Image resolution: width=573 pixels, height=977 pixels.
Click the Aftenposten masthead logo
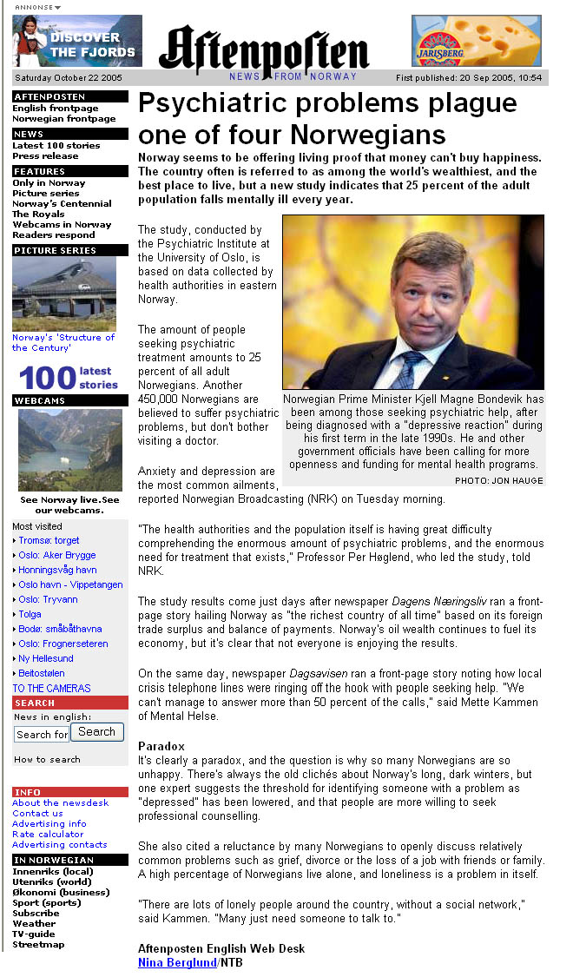click(263, 50)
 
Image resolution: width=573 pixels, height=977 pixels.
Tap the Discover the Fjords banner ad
click(77, 41)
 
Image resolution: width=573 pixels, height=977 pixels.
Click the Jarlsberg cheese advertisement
click(476, 41)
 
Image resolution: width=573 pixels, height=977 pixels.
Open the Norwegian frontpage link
click(63, 119)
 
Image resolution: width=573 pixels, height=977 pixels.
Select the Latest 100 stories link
click(56, 146)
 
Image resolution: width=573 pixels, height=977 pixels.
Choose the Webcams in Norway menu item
click(62, 225)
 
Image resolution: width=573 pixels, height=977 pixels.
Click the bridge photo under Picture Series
click(64, 294)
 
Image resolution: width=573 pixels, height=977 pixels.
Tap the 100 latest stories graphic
click(68, 379)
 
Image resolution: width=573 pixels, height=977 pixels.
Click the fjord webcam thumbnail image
click(69, 450)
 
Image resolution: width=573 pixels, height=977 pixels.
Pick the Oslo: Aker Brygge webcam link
click(57, 555)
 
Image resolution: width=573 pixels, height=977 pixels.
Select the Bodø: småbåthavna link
click(60, 629)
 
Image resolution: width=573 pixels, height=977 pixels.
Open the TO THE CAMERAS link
click(51, 688)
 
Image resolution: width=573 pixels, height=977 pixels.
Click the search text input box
click(41, 735)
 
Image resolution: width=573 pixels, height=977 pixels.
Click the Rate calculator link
click(48, 835)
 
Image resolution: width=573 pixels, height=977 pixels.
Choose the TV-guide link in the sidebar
click(35, 934)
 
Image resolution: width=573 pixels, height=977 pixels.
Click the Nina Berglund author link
click(177, 963)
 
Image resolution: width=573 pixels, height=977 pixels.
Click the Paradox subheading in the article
click(161, 746)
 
